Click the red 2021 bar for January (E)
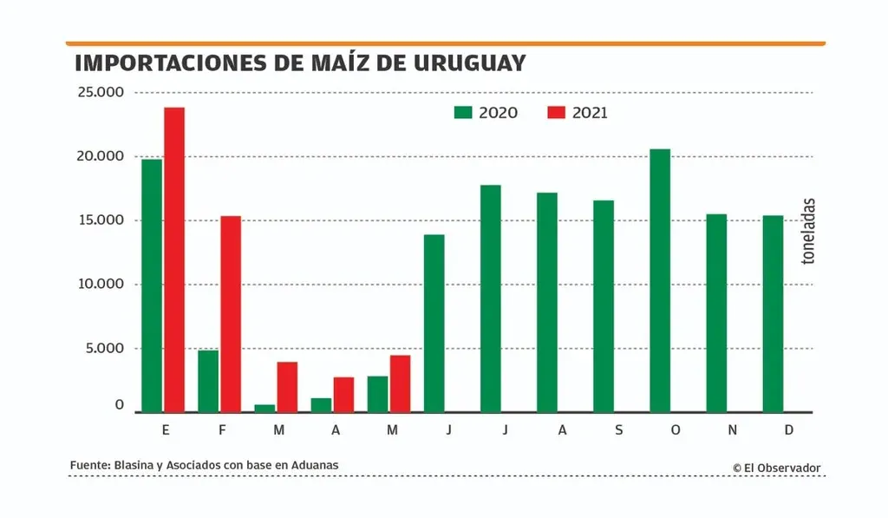pos(174,260)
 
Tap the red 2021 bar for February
pos(231,314)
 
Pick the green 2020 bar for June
pos(434,324)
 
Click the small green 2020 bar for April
pos(322,405)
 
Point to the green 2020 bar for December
pos(773,314)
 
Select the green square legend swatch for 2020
pos(463,112)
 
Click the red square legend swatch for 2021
pos(556,112)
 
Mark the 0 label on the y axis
pos(121,406)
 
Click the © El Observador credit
pos(776,468)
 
